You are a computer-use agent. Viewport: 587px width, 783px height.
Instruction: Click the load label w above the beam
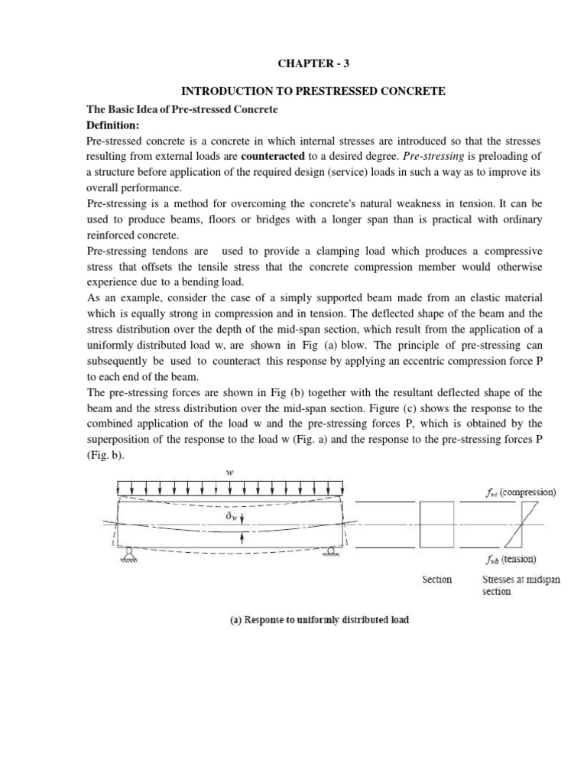(x=229, y=472)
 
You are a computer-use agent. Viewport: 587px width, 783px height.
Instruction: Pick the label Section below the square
(x=436, y=580)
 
